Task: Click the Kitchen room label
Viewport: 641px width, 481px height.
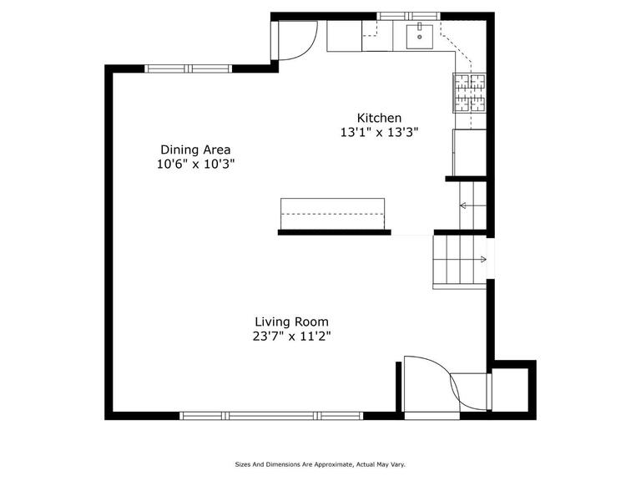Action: click(379, 119)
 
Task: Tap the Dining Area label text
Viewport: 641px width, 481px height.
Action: click(195, 149)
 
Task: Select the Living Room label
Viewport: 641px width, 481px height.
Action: click(291, 322)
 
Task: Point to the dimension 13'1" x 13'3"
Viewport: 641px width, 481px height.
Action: click(380, 133)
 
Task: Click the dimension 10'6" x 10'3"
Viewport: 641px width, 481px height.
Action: click(195, 165)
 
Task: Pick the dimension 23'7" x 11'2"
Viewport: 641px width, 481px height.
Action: click(291, 337)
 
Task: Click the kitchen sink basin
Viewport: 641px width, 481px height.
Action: click(420, 37)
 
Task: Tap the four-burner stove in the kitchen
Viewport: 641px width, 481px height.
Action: click(469, 93)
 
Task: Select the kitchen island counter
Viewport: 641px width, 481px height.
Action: click(332, 214)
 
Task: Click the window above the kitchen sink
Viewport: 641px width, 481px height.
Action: click(408, 17)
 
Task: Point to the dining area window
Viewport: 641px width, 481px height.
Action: click(188, 68)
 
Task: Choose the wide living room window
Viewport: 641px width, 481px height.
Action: click(271, 416)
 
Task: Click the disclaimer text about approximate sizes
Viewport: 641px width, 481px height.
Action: click(320, 464)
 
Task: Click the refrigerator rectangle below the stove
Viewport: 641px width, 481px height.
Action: click(470, 153)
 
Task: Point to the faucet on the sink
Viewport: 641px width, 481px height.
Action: click(420, 27)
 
